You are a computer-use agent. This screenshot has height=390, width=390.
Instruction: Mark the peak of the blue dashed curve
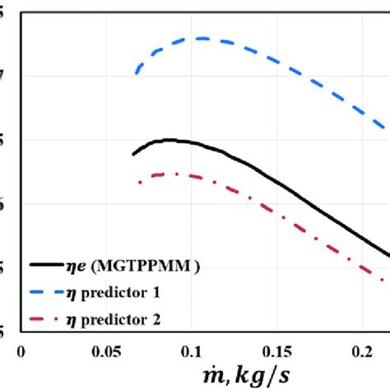click(200, 38)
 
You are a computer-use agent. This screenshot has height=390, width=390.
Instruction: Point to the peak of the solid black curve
click(169, 140)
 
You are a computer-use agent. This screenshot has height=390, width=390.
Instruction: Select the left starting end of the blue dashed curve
click(137, 74)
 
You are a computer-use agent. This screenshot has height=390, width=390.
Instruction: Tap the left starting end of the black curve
click(133, 154)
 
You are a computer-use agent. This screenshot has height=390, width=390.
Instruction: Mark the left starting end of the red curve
click(137, 183)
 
